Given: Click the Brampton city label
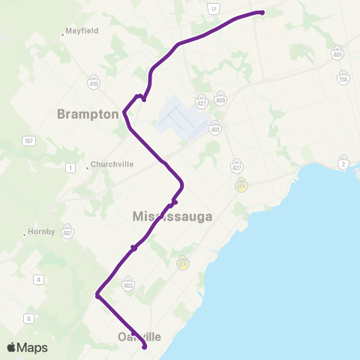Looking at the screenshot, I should tap(88, 114).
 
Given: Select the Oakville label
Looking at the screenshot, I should tap(139, 337).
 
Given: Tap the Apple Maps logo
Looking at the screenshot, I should tap(27, 347).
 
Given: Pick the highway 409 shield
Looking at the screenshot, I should tap(220, 100).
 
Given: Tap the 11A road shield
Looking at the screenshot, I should tap(343, 79).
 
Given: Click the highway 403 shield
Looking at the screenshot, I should tap(127, 284).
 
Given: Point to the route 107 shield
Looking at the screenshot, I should tap(29, 140).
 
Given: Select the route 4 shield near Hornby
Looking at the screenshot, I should tap(37, 280).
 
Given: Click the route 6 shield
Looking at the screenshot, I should tap(28, 319).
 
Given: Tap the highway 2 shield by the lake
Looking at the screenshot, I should tap(343, 165).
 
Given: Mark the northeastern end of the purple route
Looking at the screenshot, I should tap(262, 12).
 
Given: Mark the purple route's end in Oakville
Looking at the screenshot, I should tap(143, 347).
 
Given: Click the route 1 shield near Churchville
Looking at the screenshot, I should tap(70, 167).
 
